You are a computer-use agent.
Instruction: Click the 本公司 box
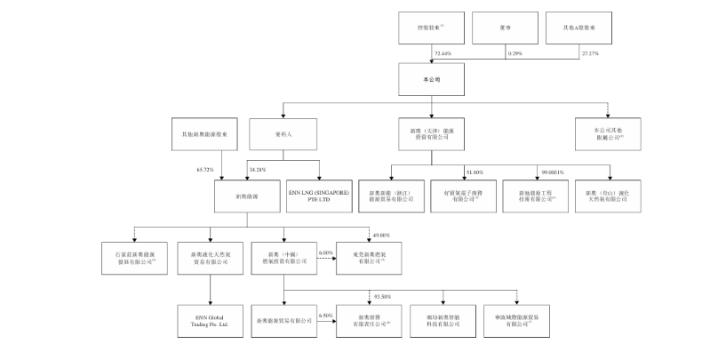[431, 78]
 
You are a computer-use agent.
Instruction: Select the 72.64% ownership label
[443, 54]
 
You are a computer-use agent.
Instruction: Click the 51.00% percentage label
[474, 172]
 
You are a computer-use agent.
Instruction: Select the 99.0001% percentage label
[552, 172]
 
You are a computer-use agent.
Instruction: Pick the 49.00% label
[379, 235]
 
